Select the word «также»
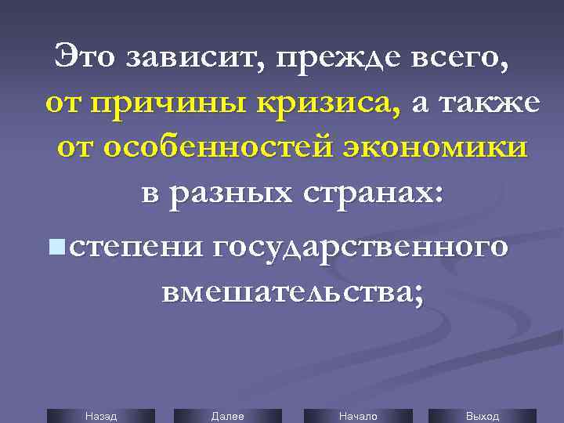point(488,103)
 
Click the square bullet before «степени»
point(56,248)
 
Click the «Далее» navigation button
point(227,416)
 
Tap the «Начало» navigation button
point(357,416)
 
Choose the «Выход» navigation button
point(483,416)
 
